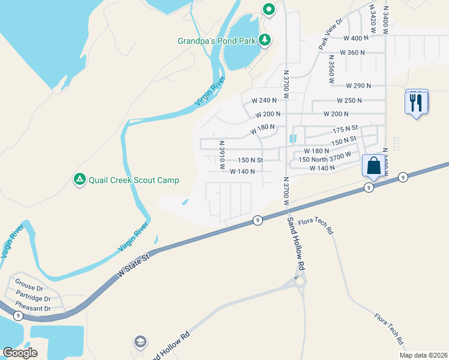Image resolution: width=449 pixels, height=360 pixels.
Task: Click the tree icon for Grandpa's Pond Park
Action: tap(265, 41)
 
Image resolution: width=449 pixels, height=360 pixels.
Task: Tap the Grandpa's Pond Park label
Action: tap(217, 41)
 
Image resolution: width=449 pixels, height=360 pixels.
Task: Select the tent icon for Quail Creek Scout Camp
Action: tap(79, 179)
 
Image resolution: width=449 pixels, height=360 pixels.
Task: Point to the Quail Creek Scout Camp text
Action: tap(133, 180)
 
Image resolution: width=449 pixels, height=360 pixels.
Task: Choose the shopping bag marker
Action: tap(373, 166)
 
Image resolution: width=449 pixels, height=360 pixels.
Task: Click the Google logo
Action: tap(20, 353)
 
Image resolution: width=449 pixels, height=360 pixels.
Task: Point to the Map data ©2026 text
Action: tap(423, 355)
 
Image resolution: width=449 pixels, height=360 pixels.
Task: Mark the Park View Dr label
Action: tap(330, 34)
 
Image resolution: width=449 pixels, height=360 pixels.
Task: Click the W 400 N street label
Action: tap(355, 38)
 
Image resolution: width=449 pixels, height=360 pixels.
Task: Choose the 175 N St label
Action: tap(345, 128)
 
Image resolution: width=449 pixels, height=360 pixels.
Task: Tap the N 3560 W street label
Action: tap(331, 68)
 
